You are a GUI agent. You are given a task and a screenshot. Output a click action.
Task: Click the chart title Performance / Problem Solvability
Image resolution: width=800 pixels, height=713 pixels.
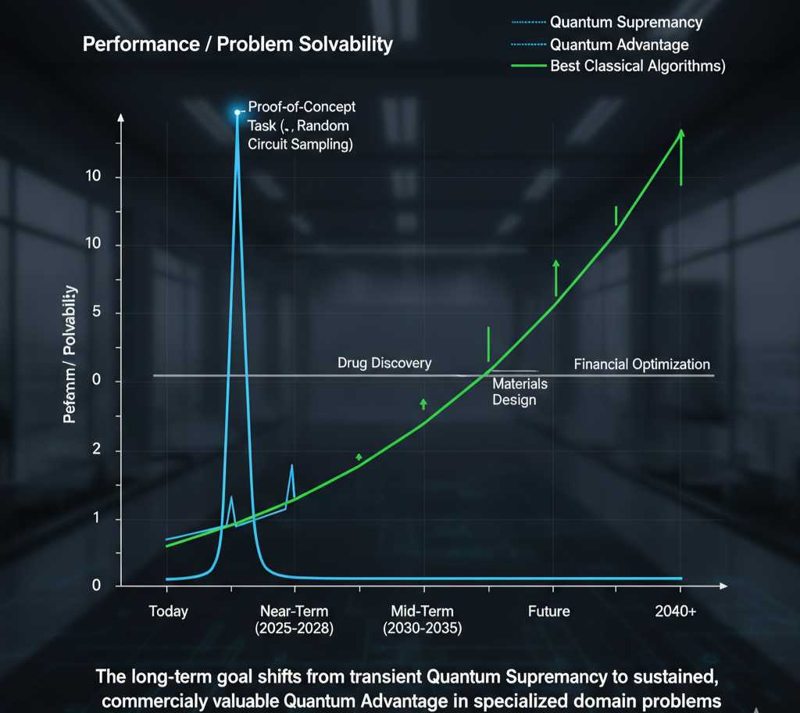tap(237, 44)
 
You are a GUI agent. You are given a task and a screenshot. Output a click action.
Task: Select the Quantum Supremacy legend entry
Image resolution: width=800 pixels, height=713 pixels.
tap(626, 22)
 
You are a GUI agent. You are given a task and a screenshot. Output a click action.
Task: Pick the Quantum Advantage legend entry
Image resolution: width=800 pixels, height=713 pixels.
tap(619, 45)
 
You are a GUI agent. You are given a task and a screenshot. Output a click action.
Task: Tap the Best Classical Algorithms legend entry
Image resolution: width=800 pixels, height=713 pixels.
tap(637, 66)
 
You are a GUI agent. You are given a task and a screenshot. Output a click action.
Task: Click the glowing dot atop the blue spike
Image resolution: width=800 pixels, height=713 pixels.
tap(237, 113)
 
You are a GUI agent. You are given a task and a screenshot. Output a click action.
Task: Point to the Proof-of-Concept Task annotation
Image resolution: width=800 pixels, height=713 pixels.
tap(301, 125)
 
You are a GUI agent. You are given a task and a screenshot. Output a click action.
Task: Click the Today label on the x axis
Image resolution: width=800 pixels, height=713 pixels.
tap(168, 611)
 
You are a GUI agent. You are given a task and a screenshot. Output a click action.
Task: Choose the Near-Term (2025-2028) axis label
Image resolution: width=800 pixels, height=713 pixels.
tap(294, 619)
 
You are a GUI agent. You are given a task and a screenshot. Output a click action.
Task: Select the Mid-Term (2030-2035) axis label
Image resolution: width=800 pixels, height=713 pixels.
tap(422, 619)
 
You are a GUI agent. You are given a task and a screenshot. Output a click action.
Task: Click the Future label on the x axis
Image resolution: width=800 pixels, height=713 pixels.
tap(548, 611)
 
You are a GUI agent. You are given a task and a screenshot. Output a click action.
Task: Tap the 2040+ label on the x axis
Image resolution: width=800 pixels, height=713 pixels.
tap(675, 611)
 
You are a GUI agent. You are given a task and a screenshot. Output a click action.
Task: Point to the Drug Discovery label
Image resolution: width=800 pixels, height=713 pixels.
tap(384, 363)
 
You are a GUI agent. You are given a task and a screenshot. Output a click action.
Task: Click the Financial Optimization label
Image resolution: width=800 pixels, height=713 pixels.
tap(641, 364)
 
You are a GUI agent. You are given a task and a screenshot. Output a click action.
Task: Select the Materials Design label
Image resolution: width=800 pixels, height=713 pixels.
tap(520, 392)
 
